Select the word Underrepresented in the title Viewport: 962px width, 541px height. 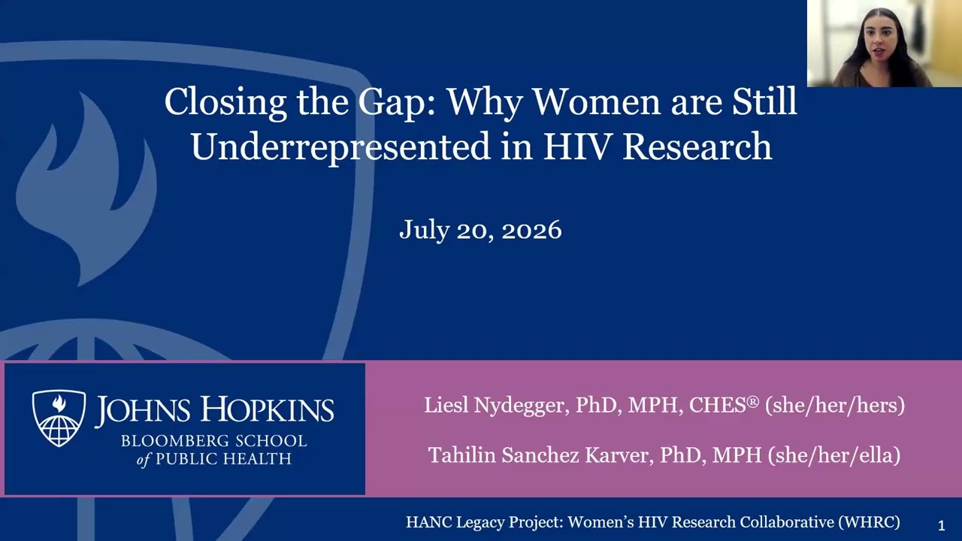(x=340, y=147)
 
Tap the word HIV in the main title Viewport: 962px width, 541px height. (x=578, y=147)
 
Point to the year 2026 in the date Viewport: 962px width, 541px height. (x=531, y=230)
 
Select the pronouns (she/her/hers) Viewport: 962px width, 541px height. (x=835, y=405)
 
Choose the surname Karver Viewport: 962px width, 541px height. (x=619, y=455)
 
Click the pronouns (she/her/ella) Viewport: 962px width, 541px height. (x=834, y=455)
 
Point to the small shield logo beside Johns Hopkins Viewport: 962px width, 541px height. (x=59, y=418)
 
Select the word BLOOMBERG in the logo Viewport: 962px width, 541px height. (x=174, y=441)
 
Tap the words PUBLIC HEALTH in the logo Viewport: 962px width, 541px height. (x=223, y=459)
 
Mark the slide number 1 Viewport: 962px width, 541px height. (x=942, y=525)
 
